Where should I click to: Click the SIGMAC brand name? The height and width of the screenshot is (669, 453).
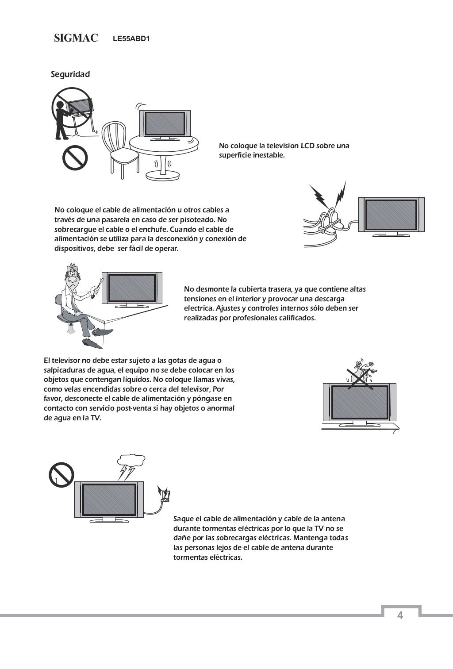tap(76, 38)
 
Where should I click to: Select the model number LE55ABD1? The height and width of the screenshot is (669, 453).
tap(131, 39)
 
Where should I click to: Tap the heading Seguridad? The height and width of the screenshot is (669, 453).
tap(70, 74)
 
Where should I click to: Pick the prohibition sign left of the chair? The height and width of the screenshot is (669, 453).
tap(75, 158)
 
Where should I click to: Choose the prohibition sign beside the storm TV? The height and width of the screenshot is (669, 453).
tap(61, 475)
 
